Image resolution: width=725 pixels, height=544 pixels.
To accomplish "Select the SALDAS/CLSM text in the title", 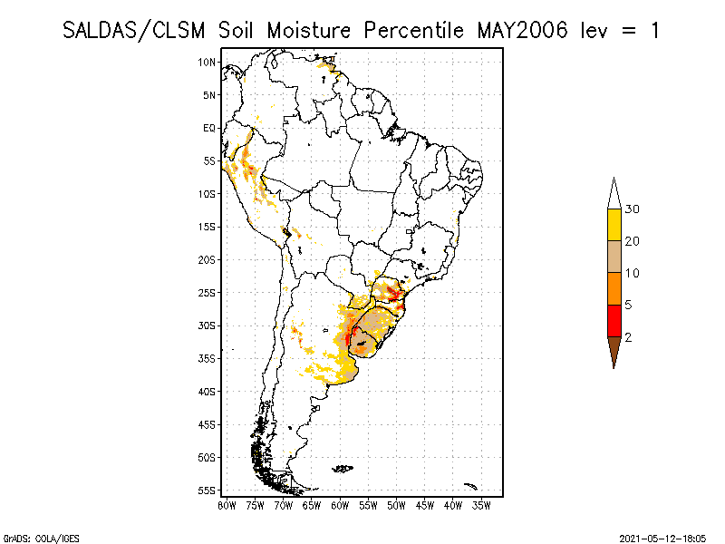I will coord(137,30).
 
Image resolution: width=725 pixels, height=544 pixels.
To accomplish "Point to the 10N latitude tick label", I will coord(208,62).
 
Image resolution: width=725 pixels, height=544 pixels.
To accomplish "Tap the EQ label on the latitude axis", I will coord(209,128).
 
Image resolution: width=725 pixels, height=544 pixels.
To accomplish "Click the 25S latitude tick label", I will coord(208,292).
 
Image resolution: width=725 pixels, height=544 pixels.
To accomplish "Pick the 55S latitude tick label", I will coord(208,490).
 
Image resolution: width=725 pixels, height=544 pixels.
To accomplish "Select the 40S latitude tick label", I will coord(208,391).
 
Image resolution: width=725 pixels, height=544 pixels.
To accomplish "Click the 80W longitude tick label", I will coord(227,504).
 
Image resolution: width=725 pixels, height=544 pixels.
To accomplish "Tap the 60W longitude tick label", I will coord(340,504).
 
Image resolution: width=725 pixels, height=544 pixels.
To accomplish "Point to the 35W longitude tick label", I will coord(481,504).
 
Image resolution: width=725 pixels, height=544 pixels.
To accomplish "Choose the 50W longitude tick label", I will coord(396,504).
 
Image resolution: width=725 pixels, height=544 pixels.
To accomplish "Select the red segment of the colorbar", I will coord(614,320).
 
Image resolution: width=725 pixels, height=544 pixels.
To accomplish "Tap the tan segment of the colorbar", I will coord(614,257).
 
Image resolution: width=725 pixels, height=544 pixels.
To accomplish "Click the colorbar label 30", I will coord(633,209).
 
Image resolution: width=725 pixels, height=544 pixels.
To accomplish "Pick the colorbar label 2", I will coord(628,336).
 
